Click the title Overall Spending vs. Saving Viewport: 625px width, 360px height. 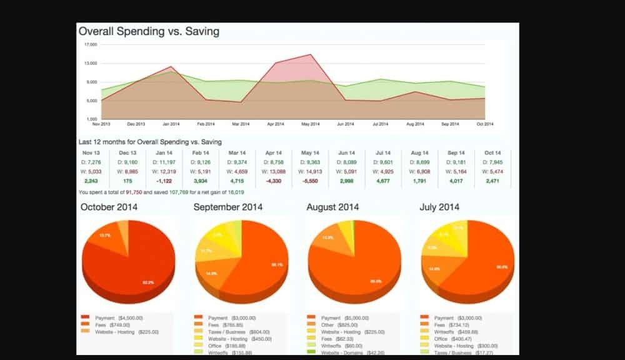point(148,31)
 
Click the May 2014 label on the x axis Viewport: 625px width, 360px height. point(310,124)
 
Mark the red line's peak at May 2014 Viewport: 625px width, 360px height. point(310,55)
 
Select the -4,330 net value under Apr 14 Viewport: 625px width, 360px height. point(273,181)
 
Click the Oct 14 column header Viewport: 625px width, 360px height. point(492,153)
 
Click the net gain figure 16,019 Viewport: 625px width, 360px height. point(236,192)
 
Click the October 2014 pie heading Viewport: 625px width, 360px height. point(109,207)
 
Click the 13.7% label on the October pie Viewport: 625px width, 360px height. point(105,236)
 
